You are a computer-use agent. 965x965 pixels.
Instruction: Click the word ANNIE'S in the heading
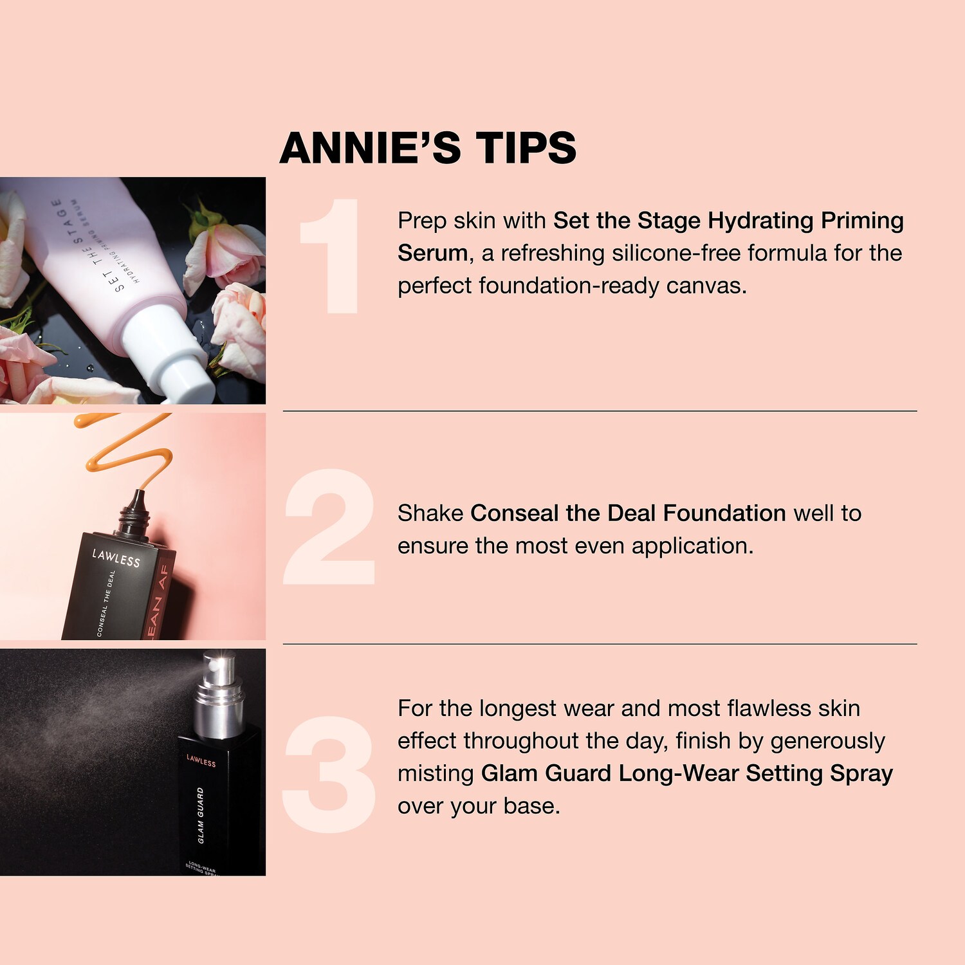pos(371,147)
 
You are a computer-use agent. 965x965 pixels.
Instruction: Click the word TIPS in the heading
pos(526,147)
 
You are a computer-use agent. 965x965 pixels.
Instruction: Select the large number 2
pos(329,527)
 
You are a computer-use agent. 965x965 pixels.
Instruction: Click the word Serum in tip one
pos(432,253)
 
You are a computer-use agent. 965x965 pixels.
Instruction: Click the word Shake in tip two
pos(430,513)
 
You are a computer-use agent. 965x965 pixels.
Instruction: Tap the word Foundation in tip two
pos(724,513)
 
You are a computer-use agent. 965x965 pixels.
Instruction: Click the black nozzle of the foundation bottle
pos(134,513)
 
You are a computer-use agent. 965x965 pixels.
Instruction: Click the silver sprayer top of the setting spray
pos(219,698)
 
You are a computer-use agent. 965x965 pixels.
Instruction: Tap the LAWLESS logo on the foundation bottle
pos(116,557)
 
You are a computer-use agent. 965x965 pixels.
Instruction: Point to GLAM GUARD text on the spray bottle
pos(201,814)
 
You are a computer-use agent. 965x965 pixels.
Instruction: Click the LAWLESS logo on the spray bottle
pos(201,760)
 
